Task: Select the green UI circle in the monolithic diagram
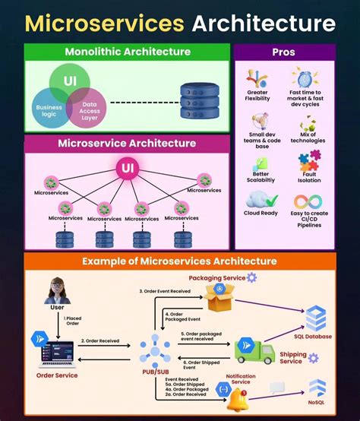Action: pos(71,82)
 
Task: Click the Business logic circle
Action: pos(50,111)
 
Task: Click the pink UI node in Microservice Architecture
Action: pos(127,168)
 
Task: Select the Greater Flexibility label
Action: pos(257,96)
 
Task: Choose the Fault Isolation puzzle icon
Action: pos(308,160)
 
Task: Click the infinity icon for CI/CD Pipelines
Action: pos(308,201)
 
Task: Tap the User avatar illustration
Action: pos(57,290)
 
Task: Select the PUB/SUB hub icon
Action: pos(156,349)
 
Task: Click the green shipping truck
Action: pos(254,350)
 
